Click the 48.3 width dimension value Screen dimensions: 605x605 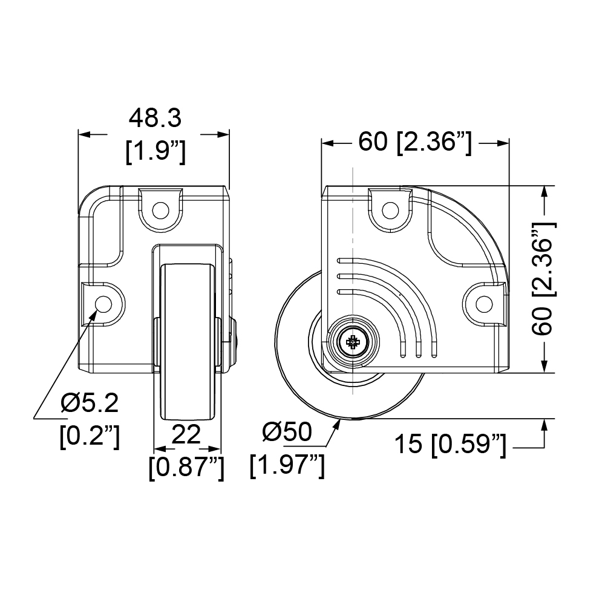(155, 118)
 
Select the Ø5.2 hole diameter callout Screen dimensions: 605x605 (90, 404)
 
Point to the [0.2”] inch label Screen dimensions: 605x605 (90, 436)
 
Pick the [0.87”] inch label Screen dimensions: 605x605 (186, 468)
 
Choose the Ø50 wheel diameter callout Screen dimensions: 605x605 (287, 431)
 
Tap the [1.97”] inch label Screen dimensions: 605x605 (287, 466)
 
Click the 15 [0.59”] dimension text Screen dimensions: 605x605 (450, 445)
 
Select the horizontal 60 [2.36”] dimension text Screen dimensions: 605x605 (415, 142)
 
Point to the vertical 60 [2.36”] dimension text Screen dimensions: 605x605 (543, 279)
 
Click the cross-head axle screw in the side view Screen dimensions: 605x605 (353, 341)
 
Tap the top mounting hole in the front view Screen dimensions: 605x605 (160, 211)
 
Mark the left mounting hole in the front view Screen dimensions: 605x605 (103, 304)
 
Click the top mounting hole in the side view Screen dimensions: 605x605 (390, 211)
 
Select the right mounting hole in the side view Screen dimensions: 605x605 (484, 304)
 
